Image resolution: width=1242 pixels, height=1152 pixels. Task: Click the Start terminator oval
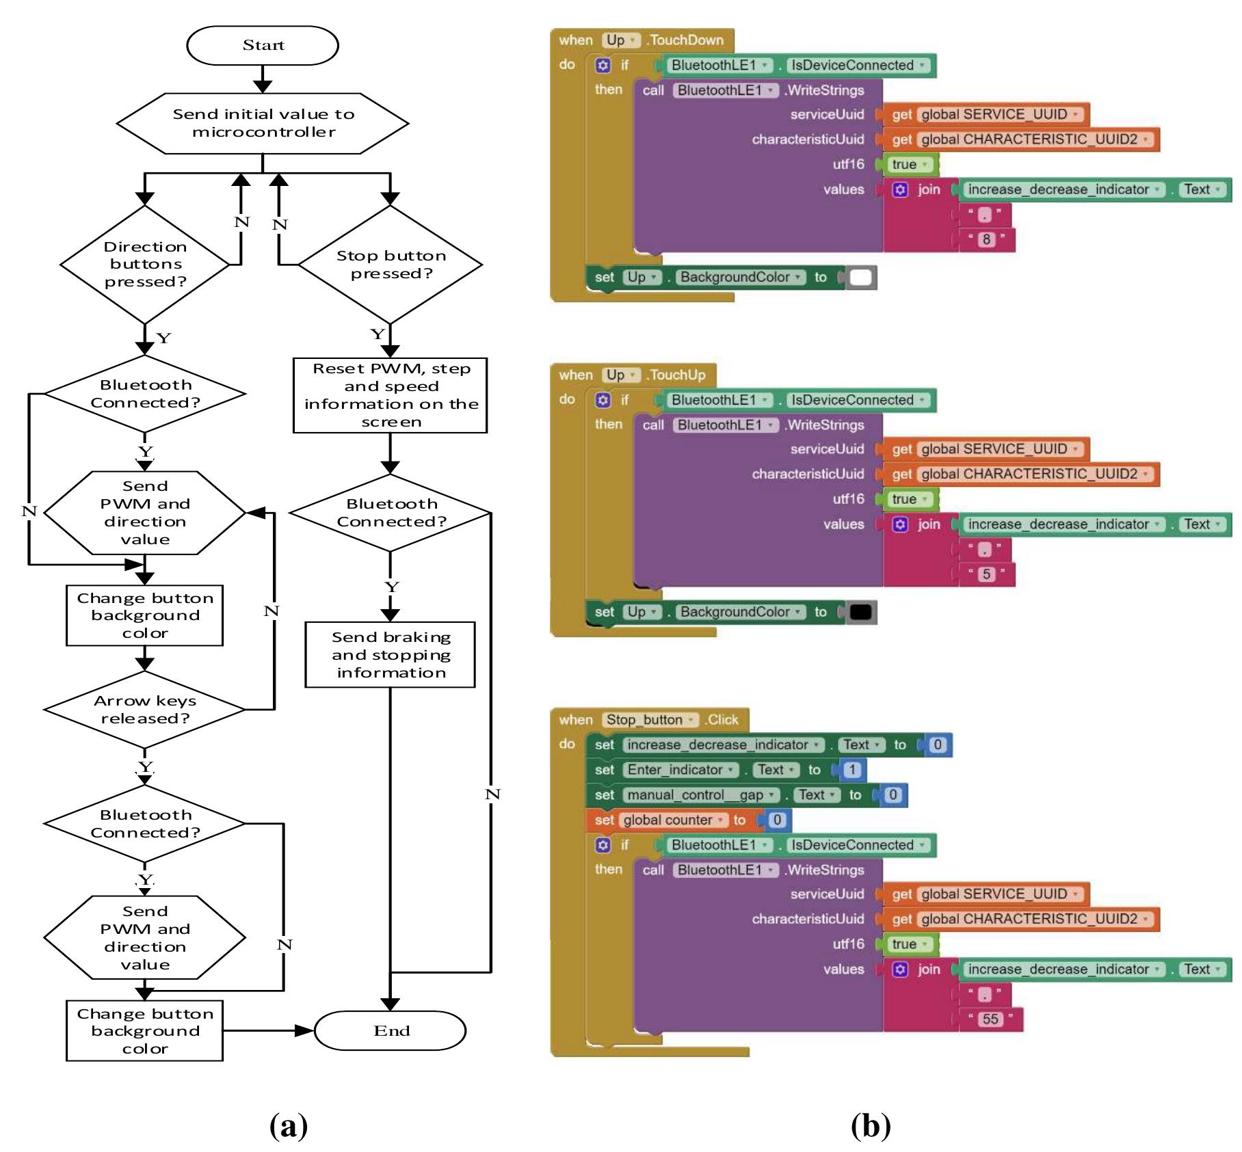tap(263, 46)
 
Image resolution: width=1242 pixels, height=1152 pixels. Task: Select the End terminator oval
tap(391, 1030)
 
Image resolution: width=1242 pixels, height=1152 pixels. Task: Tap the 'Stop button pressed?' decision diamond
tap(391, 265)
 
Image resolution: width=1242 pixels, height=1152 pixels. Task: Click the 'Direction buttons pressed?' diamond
tap(144, 265)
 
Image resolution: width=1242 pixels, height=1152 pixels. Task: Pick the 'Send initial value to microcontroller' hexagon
tap(263, 123)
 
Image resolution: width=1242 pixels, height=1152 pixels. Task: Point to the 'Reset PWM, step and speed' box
tap(390, 395)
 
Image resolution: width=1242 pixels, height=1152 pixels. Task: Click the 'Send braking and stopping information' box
tap(390, 654)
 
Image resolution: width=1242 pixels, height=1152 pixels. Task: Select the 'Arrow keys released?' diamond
tap(144, 710)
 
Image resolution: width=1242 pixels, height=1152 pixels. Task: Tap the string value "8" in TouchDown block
tap(986, 239)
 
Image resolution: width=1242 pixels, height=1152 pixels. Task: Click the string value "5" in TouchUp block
tap(986, 574)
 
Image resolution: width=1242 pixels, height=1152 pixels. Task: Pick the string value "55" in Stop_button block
tap(990, 1019)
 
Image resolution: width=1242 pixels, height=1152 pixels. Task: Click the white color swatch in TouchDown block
tap(861, 278)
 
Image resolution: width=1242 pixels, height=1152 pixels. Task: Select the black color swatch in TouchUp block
tap(861, 613)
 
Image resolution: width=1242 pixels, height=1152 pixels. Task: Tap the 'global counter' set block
tap(667, 820)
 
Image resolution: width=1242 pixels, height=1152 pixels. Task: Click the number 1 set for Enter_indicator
tap(851, 770)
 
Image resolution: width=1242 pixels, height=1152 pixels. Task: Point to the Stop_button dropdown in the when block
tap(650, 720)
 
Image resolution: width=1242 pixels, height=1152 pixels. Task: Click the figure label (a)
tap(289, 1125)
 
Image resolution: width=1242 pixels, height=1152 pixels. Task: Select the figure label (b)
tap(871, 1125)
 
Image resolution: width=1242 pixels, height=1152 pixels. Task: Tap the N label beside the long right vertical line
tap(492, 794)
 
